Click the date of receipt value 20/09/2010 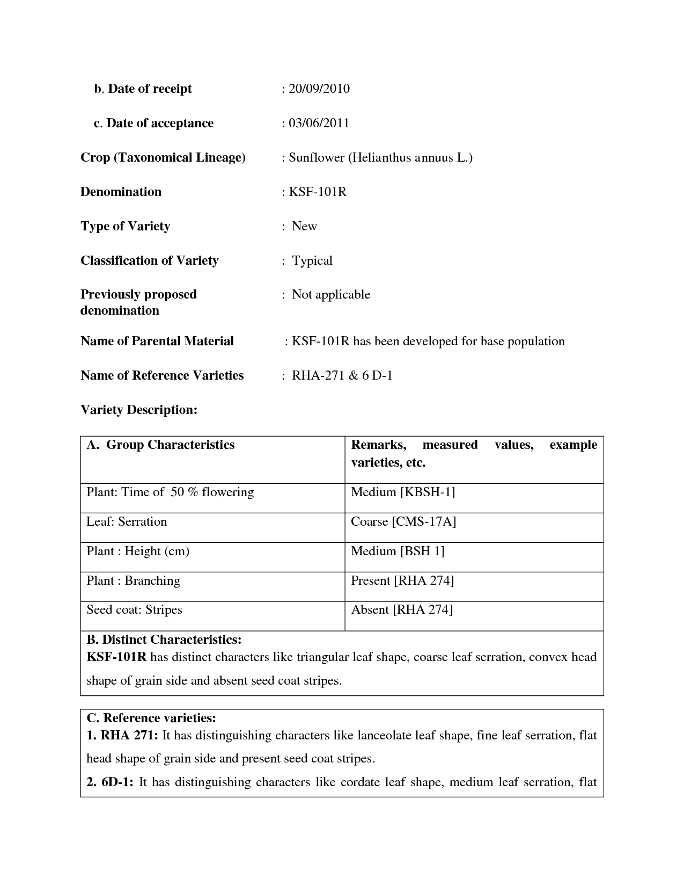coord(319,89)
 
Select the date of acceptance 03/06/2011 coord(319,123)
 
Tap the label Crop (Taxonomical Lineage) coord(163,157)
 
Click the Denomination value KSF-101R coord(318,192)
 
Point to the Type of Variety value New coord(304,226)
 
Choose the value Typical coord(312,260)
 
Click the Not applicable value coord(330,294)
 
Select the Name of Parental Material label coord(157,341)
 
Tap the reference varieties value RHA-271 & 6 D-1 coord(342,375)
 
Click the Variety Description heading coord(139,410)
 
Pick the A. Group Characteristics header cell coord(161,445)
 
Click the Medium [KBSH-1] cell coord(403,492)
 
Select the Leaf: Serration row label coord(127,521)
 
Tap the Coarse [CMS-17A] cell coord(403,521)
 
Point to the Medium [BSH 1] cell coord(398,551)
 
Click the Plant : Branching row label coord(133,580)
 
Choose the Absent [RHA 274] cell coord(402,609)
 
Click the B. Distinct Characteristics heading coord(164,640)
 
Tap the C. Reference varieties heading coord(151,718)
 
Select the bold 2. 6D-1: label coord(110,782)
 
